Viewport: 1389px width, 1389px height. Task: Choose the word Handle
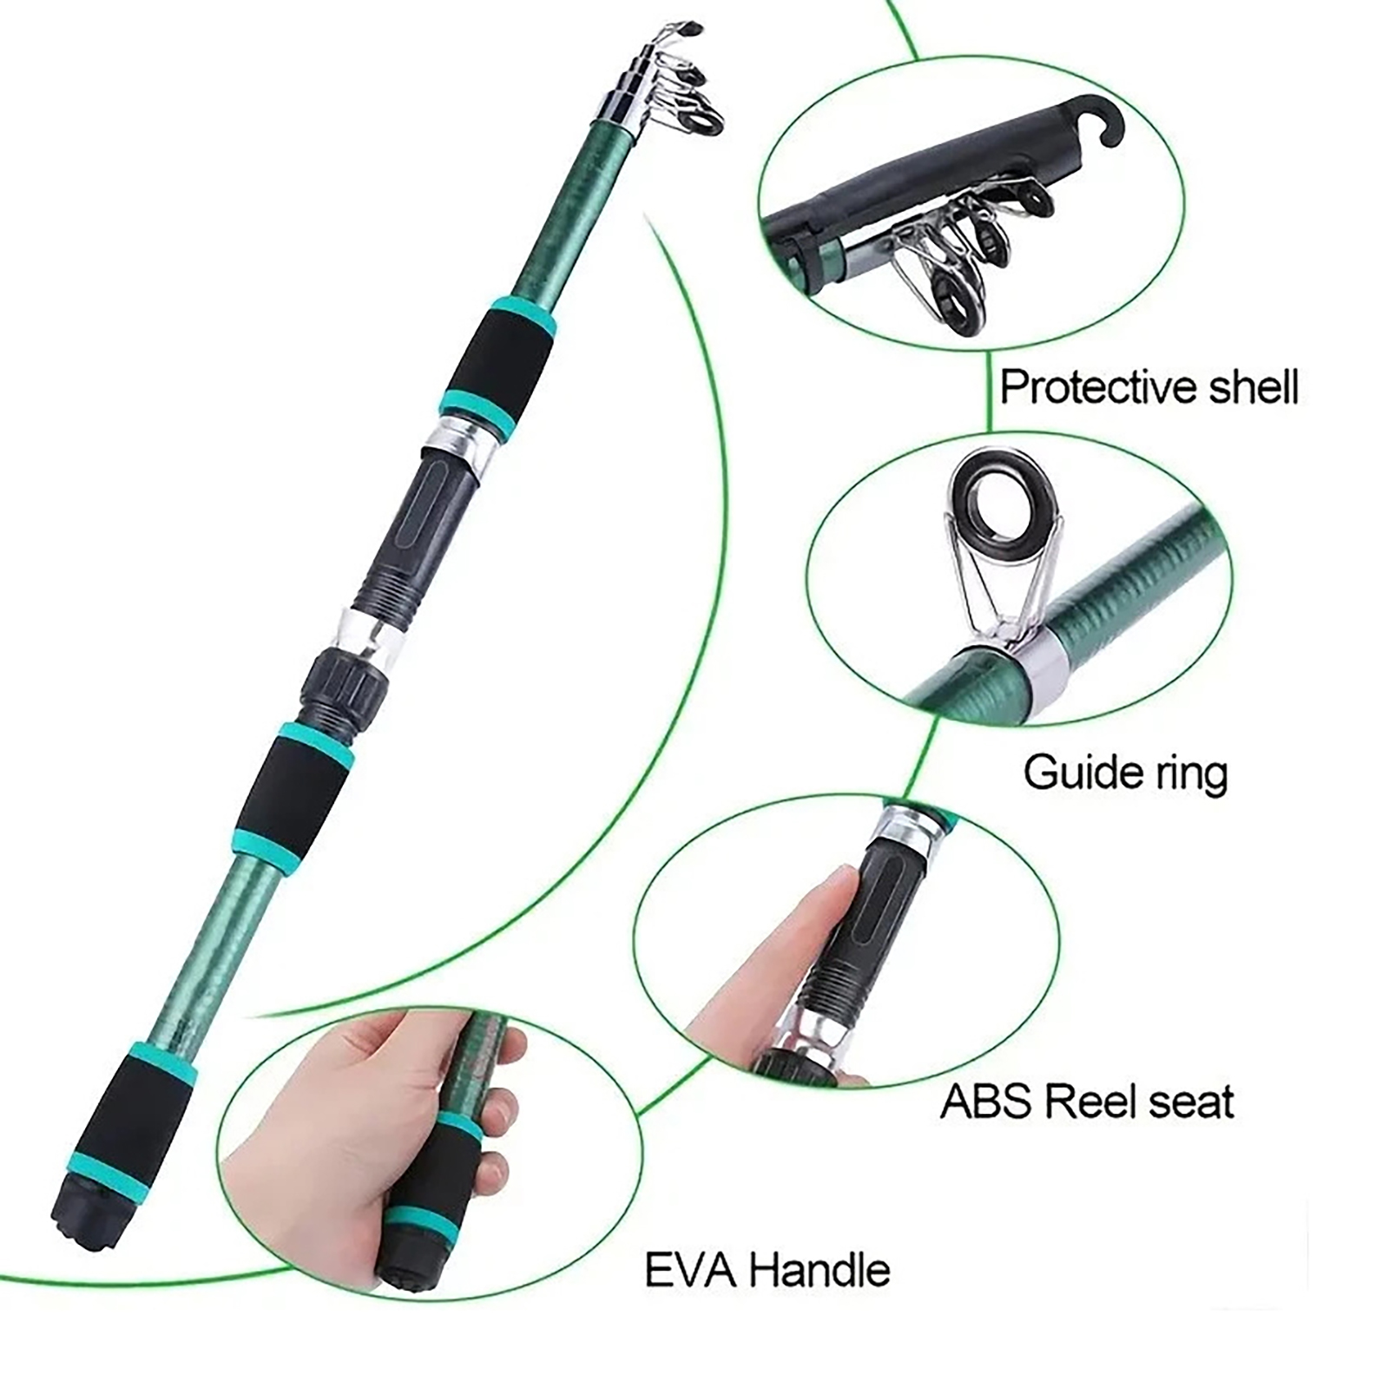(820, 1271)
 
